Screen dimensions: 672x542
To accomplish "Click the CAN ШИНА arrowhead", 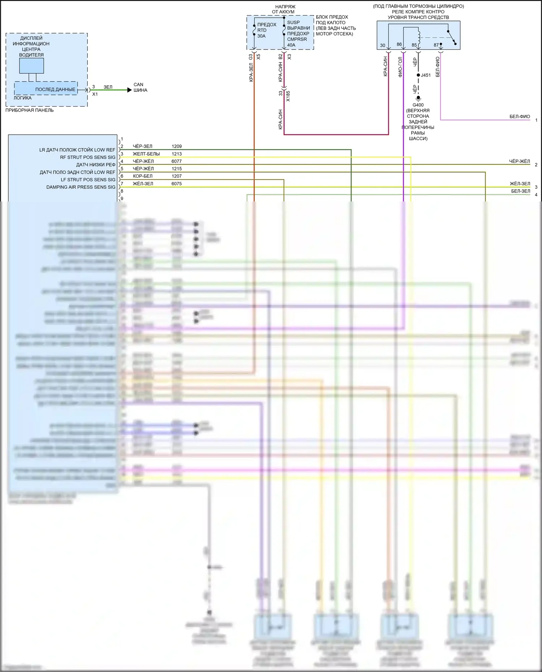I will (x=129, y=90).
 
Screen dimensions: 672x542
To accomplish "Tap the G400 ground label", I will (x=418, y=105).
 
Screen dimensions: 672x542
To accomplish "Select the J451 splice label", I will (x=426, y=75).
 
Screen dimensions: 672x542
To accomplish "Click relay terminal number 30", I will (x=383, y=45).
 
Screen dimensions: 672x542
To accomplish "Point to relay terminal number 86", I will (x=399, y=44).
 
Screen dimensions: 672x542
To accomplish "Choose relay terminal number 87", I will (x=436, y=45).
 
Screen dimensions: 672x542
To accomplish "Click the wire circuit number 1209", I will (x=177, y=146).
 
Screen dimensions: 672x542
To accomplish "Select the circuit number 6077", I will (x=177, y=161).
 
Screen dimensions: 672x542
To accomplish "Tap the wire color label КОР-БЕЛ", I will (x=143, y=176).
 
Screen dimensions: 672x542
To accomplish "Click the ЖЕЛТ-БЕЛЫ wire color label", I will (x=146, y=154).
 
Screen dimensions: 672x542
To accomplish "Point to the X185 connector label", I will (x=288, y=96).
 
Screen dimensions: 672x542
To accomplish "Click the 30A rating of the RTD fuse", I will (x=261, y=36).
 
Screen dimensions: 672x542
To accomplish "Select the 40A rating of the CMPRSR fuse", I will (x=291, y=45).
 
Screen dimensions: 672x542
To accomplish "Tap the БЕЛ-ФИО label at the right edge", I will (x=520, y=117).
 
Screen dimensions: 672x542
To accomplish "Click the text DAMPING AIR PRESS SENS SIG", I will (x=81, y=187).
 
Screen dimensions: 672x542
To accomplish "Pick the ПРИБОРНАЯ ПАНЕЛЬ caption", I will (x=30, y=110).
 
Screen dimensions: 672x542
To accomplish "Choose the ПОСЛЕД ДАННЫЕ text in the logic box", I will (x=55, y=89).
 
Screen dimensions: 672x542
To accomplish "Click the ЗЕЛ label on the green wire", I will (x=108, y=87).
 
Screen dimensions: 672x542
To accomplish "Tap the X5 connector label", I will (x=258, y=57).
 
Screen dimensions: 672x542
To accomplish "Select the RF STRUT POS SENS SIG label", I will (x=88, y=157).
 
